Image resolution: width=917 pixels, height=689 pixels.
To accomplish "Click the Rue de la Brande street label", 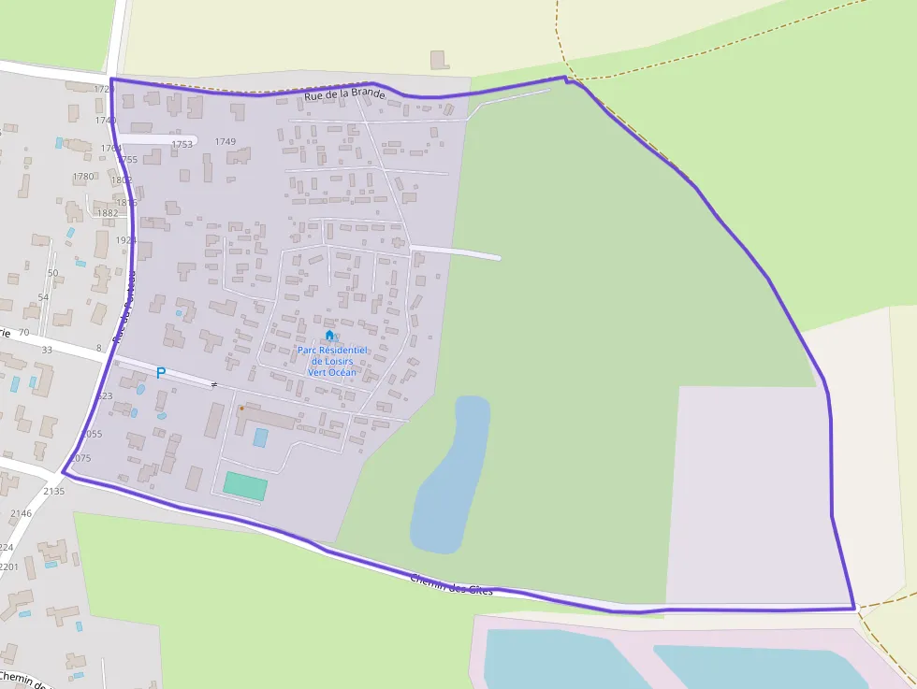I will [x=344, y=94].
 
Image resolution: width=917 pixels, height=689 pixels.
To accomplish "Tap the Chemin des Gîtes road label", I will [x=451, y=583].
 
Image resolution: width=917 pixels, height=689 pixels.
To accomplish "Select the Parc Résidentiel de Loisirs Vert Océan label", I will [x=333, y=361].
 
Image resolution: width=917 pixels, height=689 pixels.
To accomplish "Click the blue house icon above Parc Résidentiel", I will [x=329, y=336].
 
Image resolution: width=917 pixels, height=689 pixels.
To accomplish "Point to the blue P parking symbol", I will [x=161, y=373].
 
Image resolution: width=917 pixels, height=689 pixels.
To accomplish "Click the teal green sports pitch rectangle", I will [x=245, y=486].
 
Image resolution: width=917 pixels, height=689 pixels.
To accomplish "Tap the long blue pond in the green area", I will [x=452, y=474].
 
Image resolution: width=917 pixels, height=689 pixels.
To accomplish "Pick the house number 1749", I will [x=226, y=142].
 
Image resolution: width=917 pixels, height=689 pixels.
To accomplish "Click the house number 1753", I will [x=182, y=144].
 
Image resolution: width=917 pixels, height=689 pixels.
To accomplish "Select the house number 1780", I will [x=83, y=177].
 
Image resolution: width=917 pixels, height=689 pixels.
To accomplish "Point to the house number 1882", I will [x=108, y=213].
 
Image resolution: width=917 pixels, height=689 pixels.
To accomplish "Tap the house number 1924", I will [x=126, y=240].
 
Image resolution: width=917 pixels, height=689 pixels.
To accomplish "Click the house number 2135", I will [x=54, y=491].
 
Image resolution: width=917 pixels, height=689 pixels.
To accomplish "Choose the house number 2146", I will [x=21, y=513].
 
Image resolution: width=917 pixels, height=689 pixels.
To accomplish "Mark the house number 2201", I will [x=8, y=567].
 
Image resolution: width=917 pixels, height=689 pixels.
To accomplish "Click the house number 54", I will [x=43, y=297].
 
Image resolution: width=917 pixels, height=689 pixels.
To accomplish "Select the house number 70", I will [x=23, y=333].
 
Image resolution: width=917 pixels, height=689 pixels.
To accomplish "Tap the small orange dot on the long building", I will [x=241, y=409].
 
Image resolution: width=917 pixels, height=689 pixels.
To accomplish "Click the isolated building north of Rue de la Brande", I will [x=440, y=60].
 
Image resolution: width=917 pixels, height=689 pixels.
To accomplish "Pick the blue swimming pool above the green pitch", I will [x=260, y=437].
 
